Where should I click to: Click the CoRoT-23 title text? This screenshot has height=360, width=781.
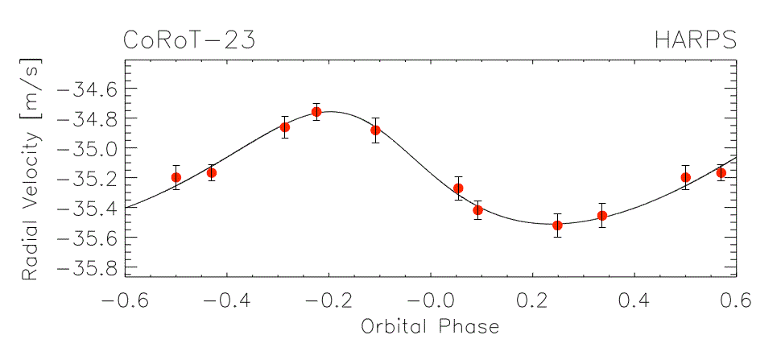pyautogui.click(x=189, y=40)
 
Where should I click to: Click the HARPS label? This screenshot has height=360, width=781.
pyautogui.click(x=696, y=40)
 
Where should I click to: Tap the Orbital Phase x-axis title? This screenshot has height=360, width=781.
pyautogui.click(x=431, y=327)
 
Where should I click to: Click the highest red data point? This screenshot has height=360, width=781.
pyautogui.click(x=316, y=112)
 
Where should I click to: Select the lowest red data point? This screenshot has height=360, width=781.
pyautogui.click(x=557, y=225)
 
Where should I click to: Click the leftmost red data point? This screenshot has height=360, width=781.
pyautogui.click(x=176, y=177)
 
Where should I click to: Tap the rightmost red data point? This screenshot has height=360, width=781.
pyautogui.click(x=721, y=173)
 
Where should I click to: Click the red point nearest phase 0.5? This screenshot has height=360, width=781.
pyautogui.click(x=686, y=177)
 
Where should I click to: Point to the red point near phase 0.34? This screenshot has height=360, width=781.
pyautogui.click(x=602, y=215)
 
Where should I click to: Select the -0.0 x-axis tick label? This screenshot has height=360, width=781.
pyautogui.click(x=431, y=301)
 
